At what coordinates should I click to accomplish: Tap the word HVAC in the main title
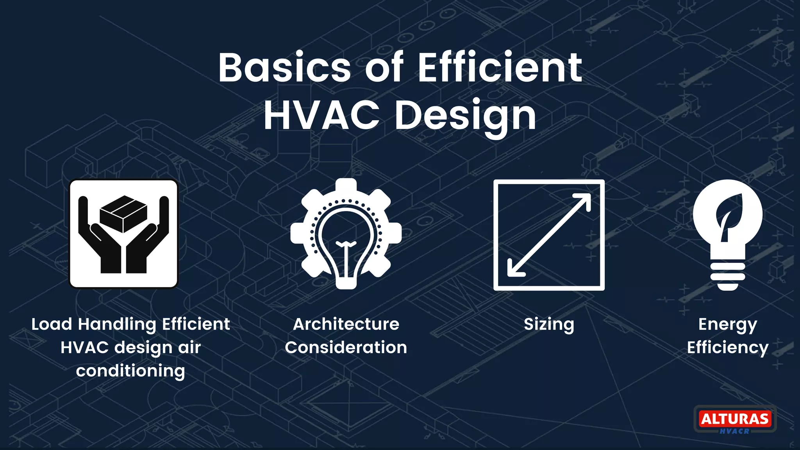[321, 116]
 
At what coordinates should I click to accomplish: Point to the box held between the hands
[123, 213]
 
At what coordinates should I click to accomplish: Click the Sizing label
[549, 324]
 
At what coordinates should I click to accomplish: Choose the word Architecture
[346, 324]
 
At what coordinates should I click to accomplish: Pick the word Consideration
[346, 347]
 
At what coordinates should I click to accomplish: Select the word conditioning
[130, 371]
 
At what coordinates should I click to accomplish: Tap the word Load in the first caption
[52, 324]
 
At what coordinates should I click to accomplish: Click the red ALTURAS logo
[735, 419]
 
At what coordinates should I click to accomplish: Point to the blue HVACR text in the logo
[734, 431]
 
